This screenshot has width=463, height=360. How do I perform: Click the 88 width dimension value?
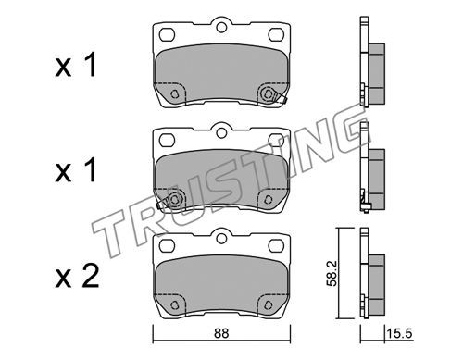pyautogui.click(x=221, y=333)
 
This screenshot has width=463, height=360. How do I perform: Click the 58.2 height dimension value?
pyautogui.click(x=332, y=274)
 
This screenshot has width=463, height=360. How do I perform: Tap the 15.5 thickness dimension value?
pyautogui.click(x=399, y=333)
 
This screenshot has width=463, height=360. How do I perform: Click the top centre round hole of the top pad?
pyautogui.click(x=221, y=28)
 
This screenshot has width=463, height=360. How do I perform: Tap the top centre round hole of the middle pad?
pyautogui.click(x=221, y=133)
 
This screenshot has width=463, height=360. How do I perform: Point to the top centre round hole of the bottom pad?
pyautogui.click(x=221, y=239)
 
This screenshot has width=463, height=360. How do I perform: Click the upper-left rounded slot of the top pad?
pyautogui.click(x=168, y=34)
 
